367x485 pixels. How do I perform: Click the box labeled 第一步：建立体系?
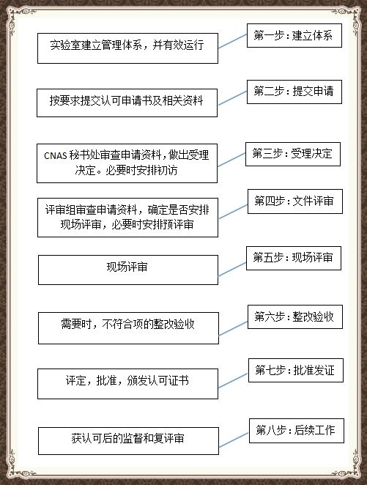(x=294, y=36)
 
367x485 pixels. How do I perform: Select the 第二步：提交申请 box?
(x=294, y=92)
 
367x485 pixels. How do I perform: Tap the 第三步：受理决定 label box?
(x=293, y=154)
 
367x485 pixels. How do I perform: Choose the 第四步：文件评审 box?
(x=295, y=201)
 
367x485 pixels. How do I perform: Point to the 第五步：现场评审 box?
(x=294, y=259)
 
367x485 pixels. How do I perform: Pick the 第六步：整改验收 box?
(x=295, y=316)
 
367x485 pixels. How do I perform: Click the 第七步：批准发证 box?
(x=296, y=370)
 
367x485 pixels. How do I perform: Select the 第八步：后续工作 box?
(x=297, y=431)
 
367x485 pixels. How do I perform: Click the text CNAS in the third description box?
(x=56, y=155)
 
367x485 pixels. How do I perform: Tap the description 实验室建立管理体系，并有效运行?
(x=127, y=45)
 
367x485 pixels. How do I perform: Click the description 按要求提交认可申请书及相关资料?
(x=126, y=101)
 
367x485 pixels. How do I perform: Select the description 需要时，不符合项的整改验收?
(x=127, y=324)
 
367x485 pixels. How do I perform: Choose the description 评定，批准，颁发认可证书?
(x=127, y=380)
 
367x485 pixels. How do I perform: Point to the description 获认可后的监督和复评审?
(x=127, y=438)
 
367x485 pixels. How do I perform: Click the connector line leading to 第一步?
(x=232, y=41)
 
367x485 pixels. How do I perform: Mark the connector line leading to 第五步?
(x=232, y=269)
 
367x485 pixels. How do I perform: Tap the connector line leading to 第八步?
(x=234, y=440)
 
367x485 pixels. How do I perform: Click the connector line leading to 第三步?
(x=231, y=160)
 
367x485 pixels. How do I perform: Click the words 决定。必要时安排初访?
(x=126, y=170)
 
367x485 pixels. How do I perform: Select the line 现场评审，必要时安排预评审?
(x=127, y=224)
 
